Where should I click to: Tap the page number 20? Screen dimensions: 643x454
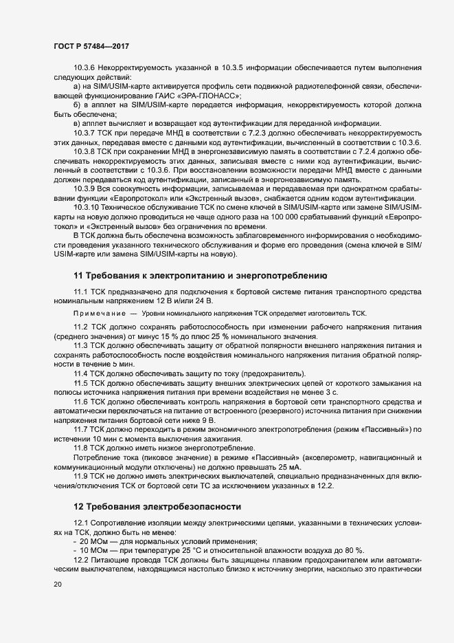(x=57, y=585)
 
